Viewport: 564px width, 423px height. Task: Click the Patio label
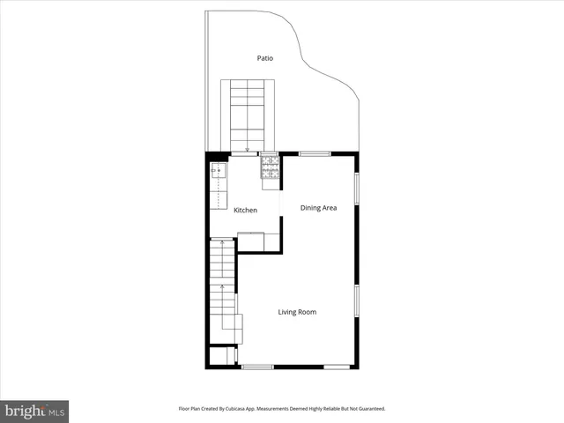click(x=264, y=58)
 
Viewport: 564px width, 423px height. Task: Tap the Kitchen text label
click(x=245, y=210)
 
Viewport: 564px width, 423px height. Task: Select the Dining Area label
click(x=318, y=208)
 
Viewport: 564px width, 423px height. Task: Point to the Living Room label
click(x=297, y=312)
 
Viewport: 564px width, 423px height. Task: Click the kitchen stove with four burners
click(x=269, y=167)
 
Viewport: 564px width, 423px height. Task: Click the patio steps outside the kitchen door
click(x=249, y=115)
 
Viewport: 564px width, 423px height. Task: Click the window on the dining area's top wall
click(x=314, y=154)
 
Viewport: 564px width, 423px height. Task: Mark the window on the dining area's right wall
click(x=357, y=188)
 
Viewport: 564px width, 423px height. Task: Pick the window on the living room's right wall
click(x=357, y=300)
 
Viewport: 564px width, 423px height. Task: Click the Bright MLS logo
click(x=34, y=411)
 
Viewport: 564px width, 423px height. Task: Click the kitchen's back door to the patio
click(x=247, y=154)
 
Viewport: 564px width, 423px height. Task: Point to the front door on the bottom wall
click(x=257, y=367)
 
